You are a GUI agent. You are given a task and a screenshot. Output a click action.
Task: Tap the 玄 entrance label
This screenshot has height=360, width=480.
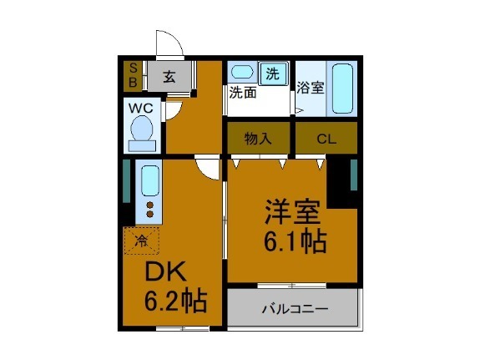(169, 77)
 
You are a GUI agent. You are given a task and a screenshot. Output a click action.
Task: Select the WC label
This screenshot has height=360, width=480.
(139, 108)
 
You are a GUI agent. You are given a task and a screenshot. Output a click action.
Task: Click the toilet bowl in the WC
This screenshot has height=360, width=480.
(141, 132)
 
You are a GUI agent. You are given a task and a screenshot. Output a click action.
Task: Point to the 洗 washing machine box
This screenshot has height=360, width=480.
(272, 74)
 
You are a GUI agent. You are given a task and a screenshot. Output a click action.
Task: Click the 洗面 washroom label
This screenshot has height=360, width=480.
(244, 93)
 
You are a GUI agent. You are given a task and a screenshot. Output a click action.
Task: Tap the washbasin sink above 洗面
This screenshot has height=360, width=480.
(243, 72)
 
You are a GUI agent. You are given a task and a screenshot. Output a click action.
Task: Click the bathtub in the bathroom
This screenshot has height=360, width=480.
(341, 88)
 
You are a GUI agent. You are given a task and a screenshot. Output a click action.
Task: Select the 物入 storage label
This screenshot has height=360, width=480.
(258, 139)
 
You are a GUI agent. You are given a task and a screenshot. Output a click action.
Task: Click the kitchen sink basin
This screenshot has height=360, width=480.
(150, 180)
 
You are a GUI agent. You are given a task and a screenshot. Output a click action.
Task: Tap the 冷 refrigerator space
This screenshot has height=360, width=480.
(141, 241)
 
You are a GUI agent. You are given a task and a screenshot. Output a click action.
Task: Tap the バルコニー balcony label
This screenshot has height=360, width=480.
(293, 309)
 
